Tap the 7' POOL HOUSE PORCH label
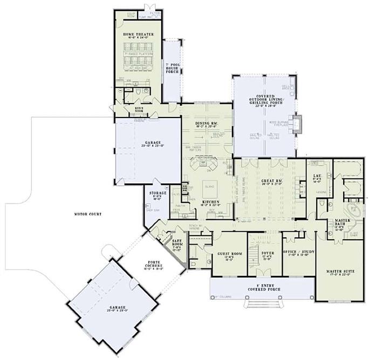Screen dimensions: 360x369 tap(172, 68)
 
